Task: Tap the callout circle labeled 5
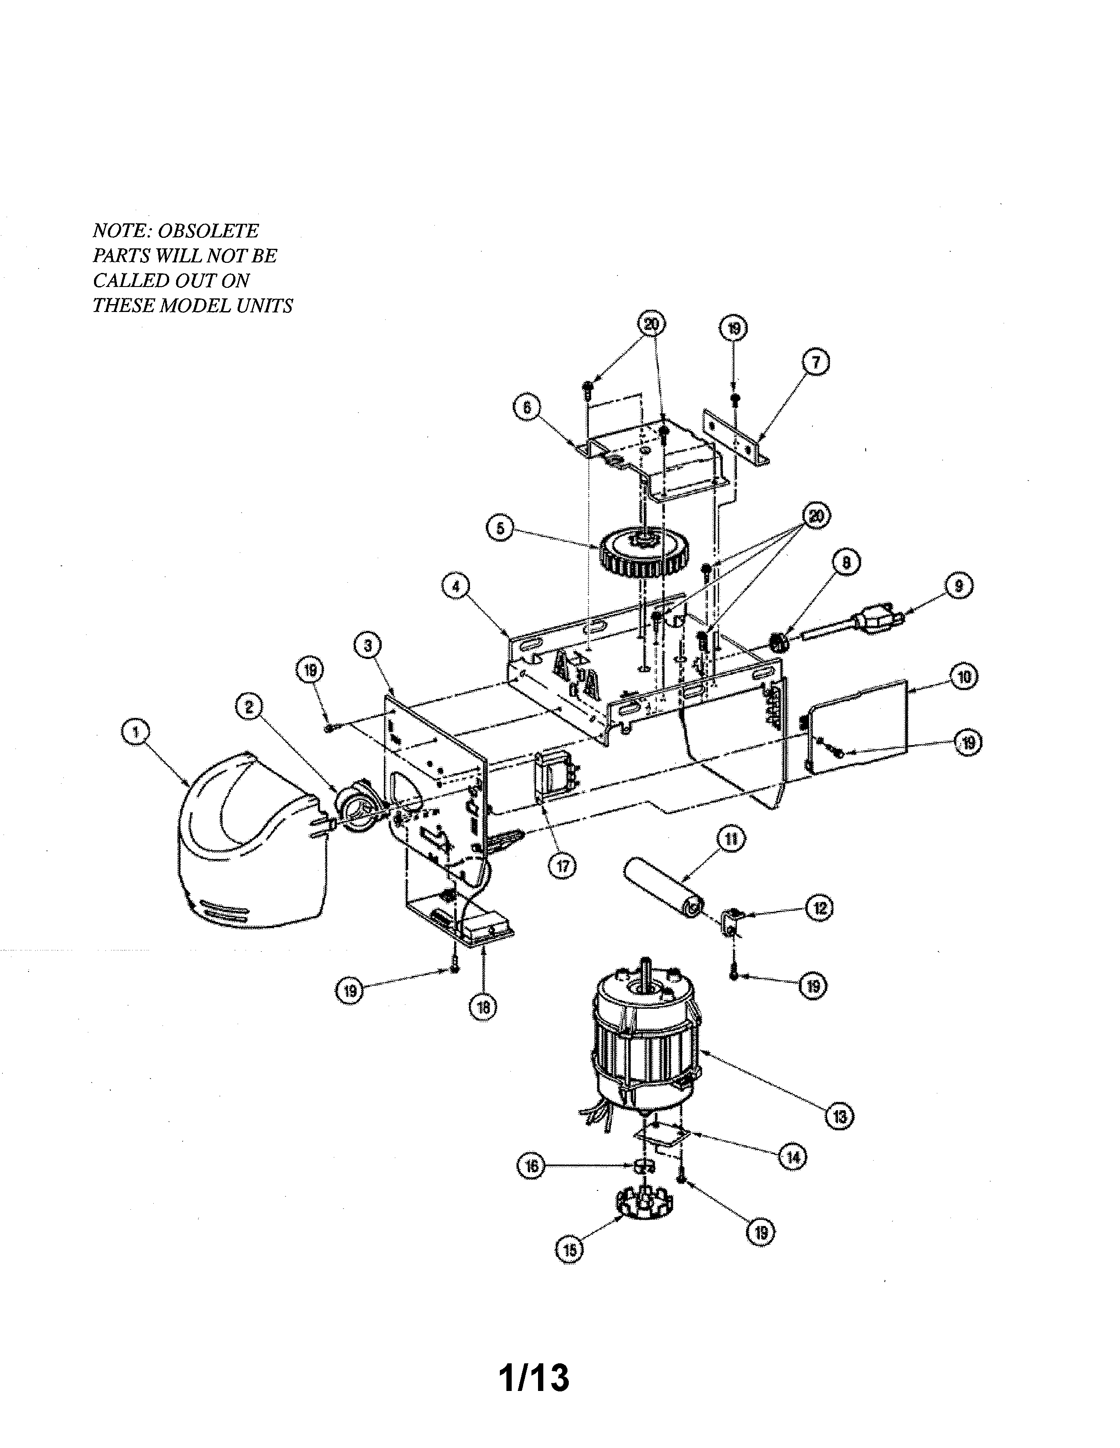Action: click(x=500, y=528)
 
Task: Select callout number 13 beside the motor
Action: click(x=839, y=1116)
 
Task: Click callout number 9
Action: click(x=959, y=585)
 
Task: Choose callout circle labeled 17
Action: click(x=563, y=865)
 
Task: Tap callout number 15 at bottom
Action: click(x=569, y=1250)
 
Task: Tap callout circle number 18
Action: click(x=483, y=1008)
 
